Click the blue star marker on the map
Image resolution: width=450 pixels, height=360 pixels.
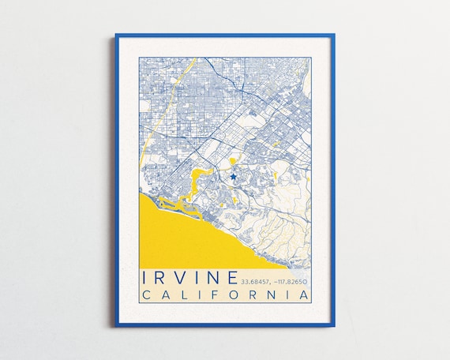point(234,177)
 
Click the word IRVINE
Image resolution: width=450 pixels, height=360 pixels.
point(189,279)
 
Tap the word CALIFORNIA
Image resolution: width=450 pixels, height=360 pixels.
point(224,295)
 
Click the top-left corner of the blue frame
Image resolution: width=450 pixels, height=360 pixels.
point(116,35)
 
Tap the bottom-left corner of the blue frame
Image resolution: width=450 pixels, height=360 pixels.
point(116,325)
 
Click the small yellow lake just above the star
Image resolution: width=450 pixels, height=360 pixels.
point(234,163)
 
